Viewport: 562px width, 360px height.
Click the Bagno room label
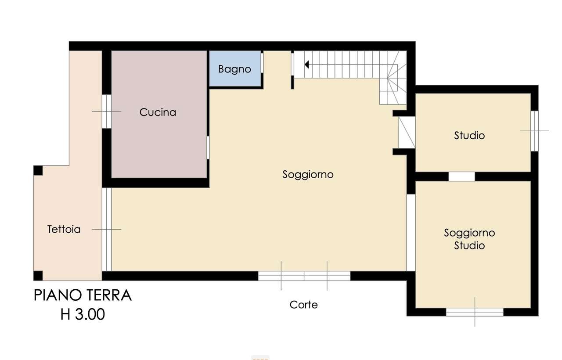pos(234,69)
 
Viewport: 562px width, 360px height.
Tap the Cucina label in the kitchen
pos(158,112)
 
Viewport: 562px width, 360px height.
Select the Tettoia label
pos(64,229)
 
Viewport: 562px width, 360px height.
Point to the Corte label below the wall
pos(303,305)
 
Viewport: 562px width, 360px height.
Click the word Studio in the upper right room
pos(469,135)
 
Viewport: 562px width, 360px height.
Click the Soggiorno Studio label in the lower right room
pos(469,239)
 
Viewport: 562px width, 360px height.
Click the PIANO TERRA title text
pos(83,295)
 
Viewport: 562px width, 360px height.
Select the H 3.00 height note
pos(83,314)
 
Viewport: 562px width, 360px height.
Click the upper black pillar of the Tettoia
pos(38,170)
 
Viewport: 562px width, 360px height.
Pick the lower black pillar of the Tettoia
pos(38,276)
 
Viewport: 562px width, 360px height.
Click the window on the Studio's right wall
pos(534,131)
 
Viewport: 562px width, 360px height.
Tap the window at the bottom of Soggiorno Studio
pos(475,312)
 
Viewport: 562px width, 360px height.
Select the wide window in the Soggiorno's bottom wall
pos(304,276)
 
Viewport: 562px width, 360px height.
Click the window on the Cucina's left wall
pos(107,112)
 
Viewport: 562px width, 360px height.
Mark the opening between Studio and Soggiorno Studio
pos(461,176)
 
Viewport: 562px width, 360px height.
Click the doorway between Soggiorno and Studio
pos(407,132)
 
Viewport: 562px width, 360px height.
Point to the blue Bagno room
pos(234,77)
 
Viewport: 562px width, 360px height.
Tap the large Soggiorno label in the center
pos(308,175)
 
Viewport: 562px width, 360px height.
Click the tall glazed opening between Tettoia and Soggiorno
pos(107,229)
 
